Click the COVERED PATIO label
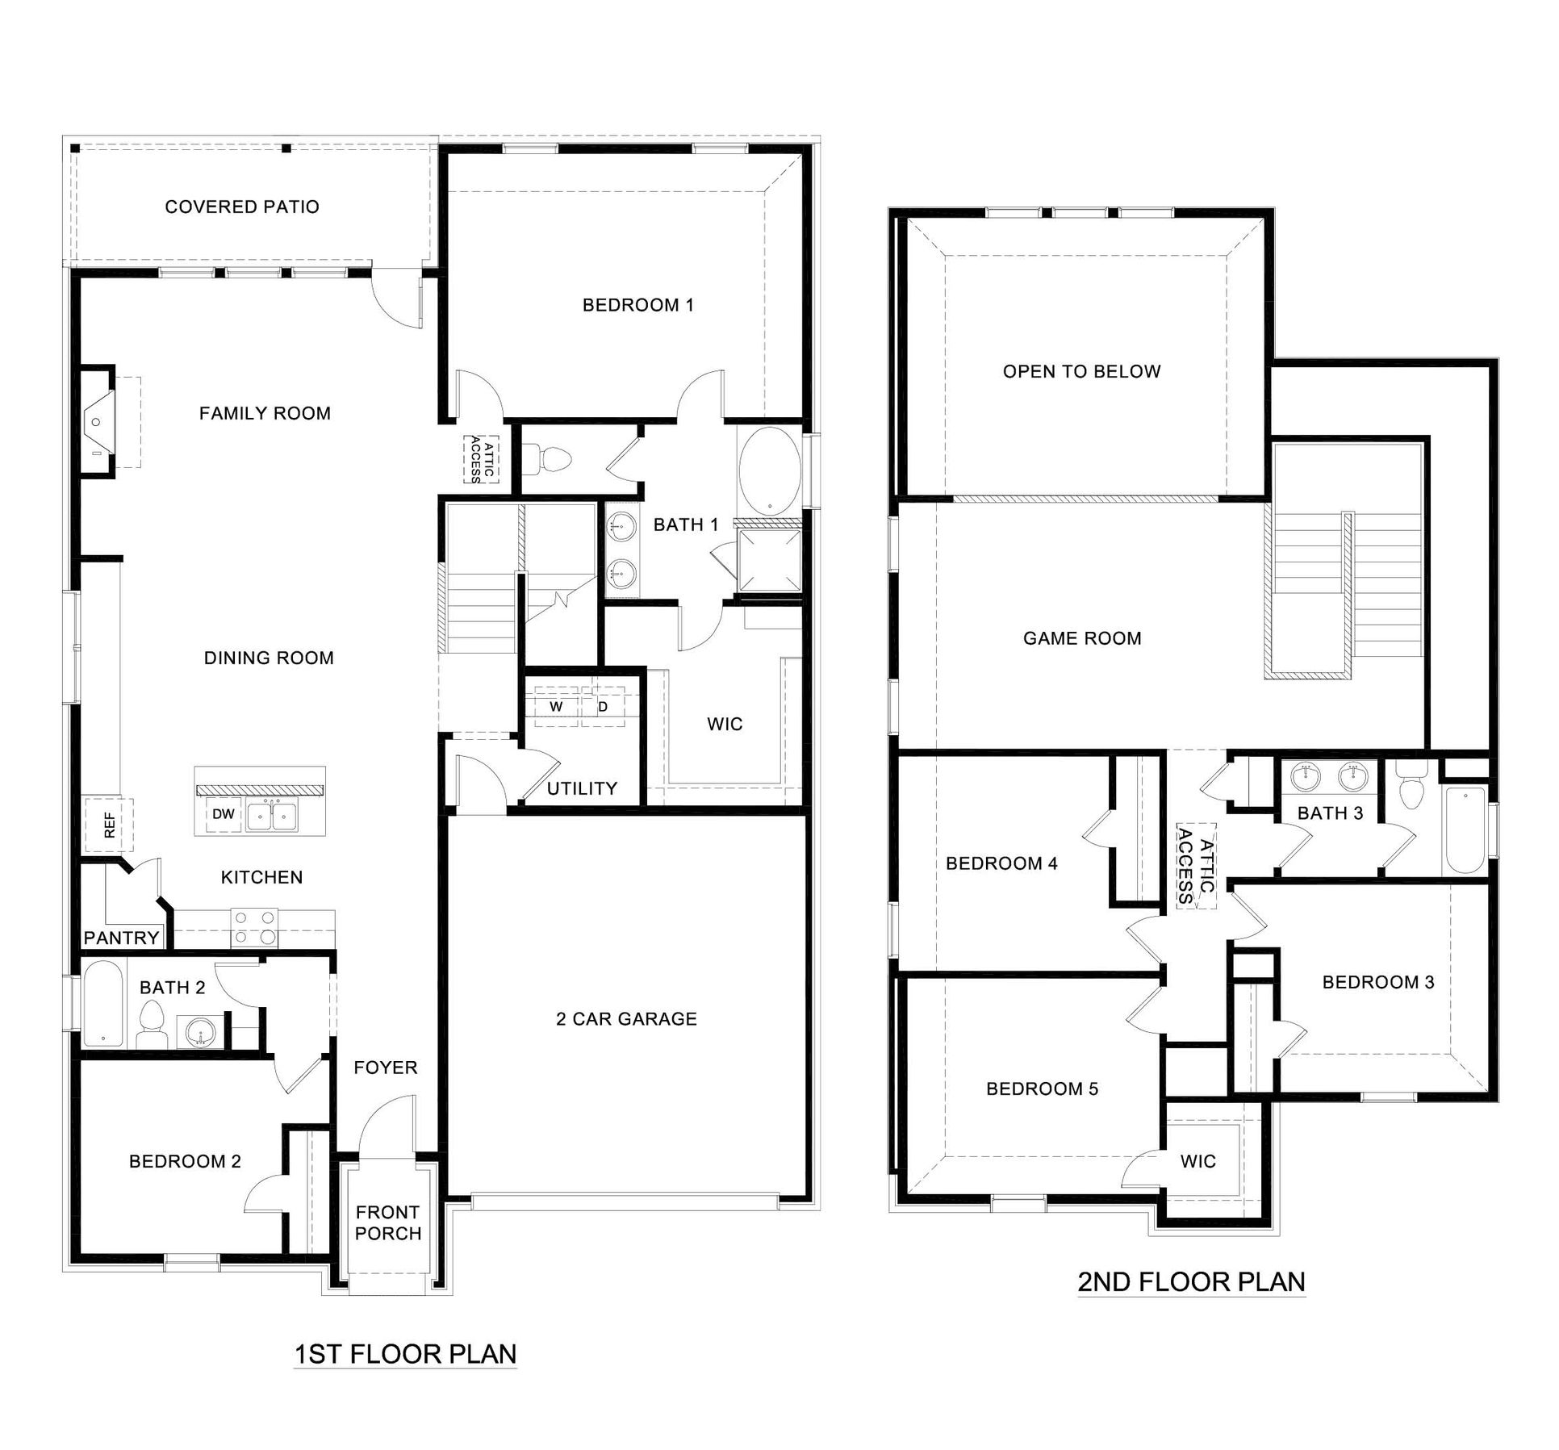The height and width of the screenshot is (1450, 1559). (x=242, y=207)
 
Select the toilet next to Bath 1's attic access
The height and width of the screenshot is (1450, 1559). (x=554, y=460)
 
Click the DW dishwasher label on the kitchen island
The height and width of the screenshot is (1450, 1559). (x=224, y=814)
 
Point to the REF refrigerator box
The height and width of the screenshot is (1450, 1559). (x=111, y=824)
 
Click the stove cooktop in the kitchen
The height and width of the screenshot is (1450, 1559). (x=254, y=927)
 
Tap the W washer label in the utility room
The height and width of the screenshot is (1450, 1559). (x=556, y=707)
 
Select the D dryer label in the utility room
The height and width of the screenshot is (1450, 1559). (x=603, y=707)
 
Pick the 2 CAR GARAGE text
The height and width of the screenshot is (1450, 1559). (x=626, y=1019)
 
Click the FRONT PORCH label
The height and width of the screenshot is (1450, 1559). (x=388, y=1222)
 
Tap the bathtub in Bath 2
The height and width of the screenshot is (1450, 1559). (x=102, y=1004)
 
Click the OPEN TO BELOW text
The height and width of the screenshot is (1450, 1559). (x=1081, y=372)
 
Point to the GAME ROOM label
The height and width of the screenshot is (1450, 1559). (x=1082, y=639)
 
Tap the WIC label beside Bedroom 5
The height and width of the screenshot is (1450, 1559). (x=1197, y=1162)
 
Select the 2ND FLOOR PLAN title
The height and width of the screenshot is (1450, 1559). (x=1191, y=1282)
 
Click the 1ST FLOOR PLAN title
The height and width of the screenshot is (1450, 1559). (x=405, y=1354)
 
